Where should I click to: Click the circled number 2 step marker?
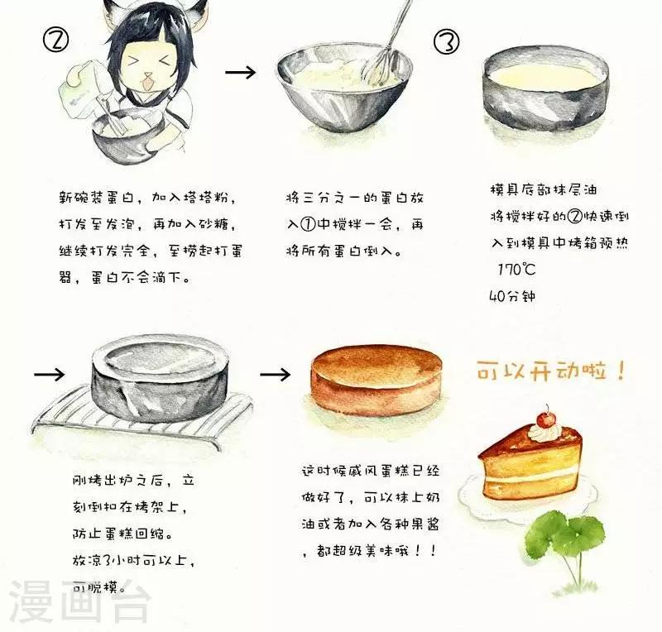pos(55,39)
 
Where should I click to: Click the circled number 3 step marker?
pos(447,42)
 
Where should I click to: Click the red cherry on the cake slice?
pos(547,419)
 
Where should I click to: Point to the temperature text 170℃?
pos(516,270)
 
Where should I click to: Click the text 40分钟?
pos(512,296)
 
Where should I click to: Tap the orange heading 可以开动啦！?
pos(551,371)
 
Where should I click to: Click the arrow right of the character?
pos(240,72)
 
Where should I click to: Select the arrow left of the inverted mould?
pos(50,374)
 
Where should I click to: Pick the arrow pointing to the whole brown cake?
pos(276,374)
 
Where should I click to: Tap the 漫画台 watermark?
pos(79,601)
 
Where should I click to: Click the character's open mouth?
pos(148,83)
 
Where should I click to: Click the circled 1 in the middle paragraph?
pos(308,224)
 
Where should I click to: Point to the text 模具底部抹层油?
pos(544,189)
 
